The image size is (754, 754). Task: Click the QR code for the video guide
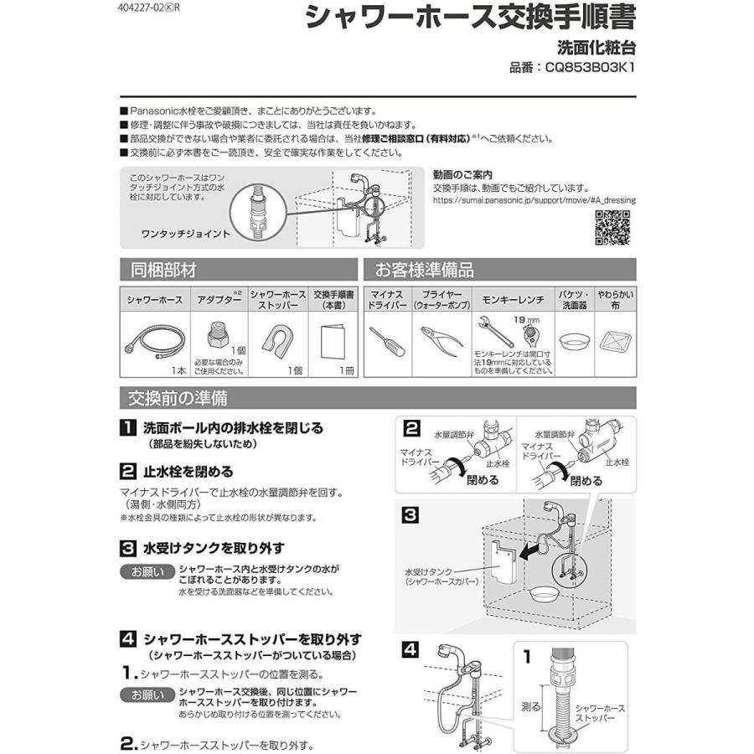pyautogui.click(x=612, y=228)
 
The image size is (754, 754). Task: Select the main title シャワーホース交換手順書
pyautogui.click(x=469, y=18)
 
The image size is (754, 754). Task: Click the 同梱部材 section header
pyautogui.click(x=163, y=270)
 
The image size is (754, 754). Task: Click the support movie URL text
pyautogui.click(x=534, y=201)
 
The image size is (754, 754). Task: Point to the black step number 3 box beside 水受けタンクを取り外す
pyautogui.click(x=127, y=549)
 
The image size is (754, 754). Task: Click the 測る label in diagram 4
pyautogui.click(x=530, y=707)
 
